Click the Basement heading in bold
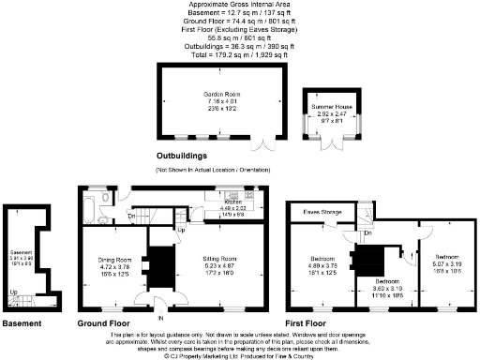(22, 324)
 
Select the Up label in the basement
(12, 292)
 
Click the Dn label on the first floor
(368, 232)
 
